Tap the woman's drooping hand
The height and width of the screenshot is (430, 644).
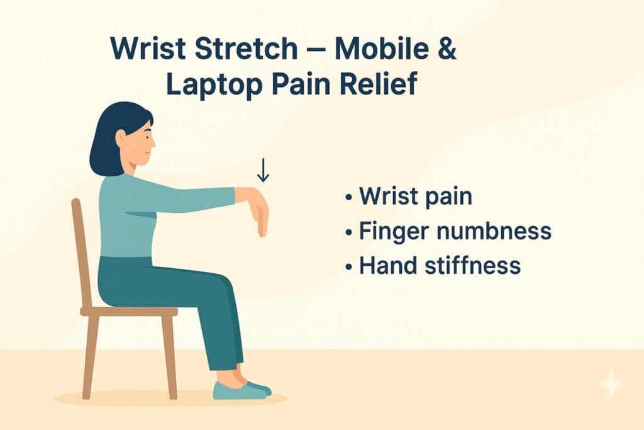pos(260,214)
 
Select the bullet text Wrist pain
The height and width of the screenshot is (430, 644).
pos(415,197)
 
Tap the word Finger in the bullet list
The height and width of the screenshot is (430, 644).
pos(394,231)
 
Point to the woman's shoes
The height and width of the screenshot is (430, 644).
pos(242,390)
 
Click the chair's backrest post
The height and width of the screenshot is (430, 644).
pos(81,252)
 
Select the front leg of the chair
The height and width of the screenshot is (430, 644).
pos(169,356)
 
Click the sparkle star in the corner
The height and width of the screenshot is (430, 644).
pos(611,383)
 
